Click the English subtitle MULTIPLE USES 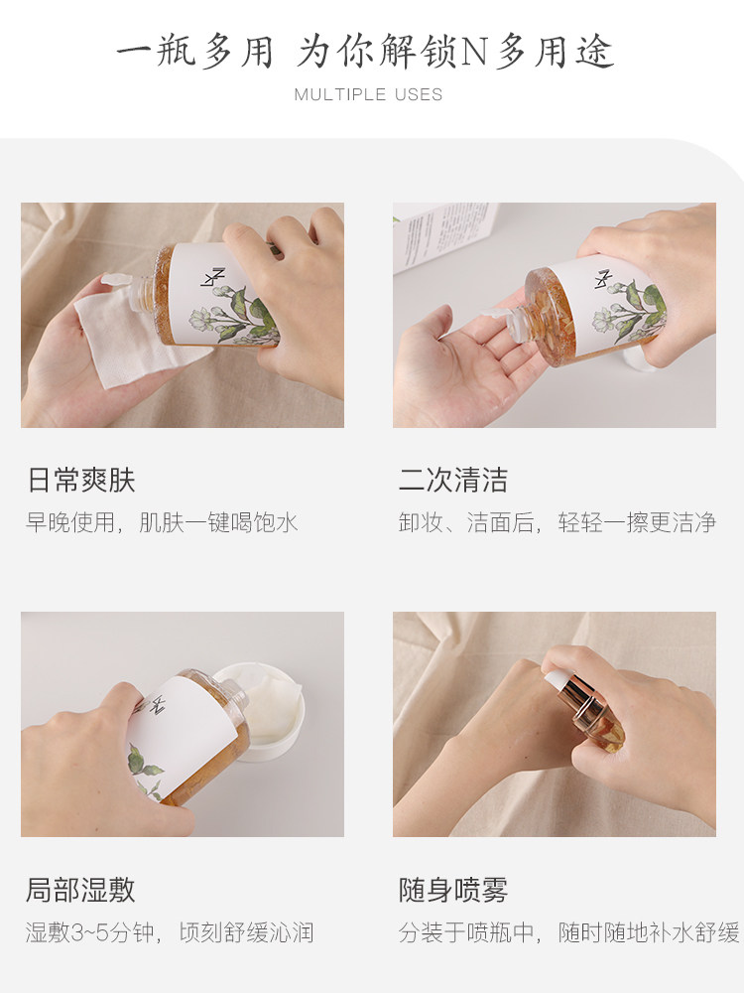coord(368,94)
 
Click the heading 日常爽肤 coord(80,481)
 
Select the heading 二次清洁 coord(453,481)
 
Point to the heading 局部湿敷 coord(80,890)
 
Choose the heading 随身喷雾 coord(453,890)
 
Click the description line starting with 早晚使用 coord(162,522)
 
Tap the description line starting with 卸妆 coord(557,522)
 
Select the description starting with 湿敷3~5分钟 coord(170,932)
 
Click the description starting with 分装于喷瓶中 coord(568,932)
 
